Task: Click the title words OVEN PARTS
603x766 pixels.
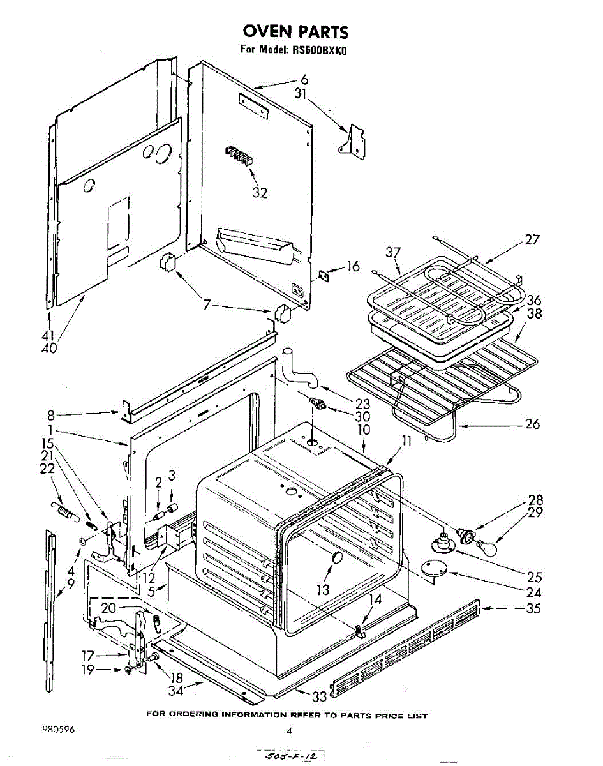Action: pos(294,31)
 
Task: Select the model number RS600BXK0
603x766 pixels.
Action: pos(320,50)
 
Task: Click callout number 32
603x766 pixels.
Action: pos(260,192)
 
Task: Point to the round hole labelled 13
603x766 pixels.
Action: pos(335,559)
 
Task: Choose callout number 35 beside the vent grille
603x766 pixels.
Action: pos(533,608)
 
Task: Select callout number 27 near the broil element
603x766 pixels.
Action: pos(532,240)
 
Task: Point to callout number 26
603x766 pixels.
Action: pos(532,424)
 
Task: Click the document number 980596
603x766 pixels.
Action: pos(57,732)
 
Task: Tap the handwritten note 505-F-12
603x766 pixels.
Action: pos(293,756)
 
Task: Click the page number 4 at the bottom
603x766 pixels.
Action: pos(289,732)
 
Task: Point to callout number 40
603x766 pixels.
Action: pos(49,349)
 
